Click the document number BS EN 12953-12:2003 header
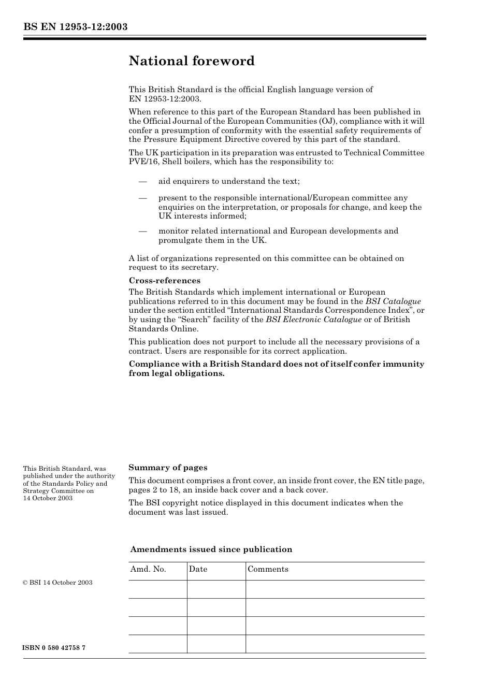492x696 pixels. [75, 27]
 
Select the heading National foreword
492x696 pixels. [192, 61]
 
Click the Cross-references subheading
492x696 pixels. [164, 281]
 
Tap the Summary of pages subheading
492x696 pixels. [168, 468]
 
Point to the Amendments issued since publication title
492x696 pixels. [211, 549]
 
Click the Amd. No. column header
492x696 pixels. [148, 569]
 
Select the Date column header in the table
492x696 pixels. [198, 569]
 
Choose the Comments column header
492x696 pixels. [268, 569]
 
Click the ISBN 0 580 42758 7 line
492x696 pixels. [54, 648]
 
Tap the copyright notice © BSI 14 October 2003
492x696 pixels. [57, 583]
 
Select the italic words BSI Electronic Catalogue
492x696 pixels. [313, 320]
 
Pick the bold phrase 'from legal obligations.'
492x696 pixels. [177, 373]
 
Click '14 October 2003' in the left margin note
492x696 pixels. [48, 498]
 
